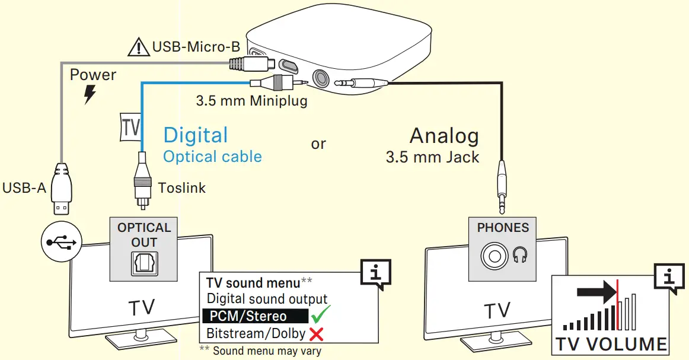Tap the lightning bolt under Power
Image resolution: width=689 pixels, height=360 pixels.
click(90, 94)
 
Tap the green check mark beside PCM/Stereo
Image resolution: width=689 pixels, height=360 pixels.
click(320, 314)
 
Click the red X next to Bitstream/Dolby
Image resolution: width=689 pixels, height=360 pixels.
click(316, 334)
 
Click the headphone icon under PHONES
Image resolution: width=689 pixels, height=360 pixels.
click(521, 255)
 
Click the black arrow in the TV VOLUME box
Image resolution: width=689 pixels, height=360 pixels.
click(596, 292)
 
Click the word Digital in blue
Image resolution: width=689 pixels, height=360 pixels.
click(196, 135)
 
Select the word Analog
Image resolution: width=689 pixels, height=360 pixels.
click(444, 136)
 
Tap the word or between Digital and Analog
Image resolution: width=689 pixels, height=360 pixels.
click(318, 144)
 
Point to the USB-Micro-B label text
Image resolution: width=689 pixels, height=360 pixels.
click(188, 46)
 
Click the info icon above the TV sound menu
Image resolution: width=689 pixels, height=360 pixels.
click(375, 275)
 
